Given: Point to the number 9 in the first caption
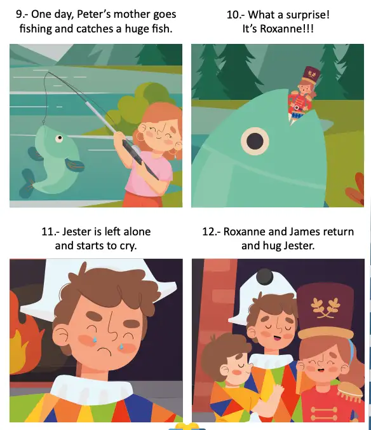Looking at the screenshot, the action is [x=19, y=14].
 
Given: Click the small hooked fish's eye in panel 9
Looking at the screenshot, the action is [x=59, y=138].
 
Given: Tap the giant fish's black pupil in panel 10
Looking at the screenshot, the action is [x=255, y=141].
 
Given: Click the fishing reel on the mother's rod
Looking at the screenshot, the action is [x=135, y=149].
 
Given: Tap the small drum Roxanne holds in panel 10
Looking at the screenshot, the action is [x=297, y=112].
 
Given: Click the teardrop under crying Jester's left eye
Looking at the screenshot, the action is [x=95, y=339].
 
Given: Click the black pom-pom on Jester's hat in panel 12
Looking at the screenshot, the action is [x=264, y=276].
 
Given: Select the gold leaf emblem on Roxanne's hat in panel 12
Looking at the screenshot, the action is [x=325, y=308].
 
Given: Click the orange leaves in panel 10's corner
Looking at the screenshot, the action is [x=355, y=189].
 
